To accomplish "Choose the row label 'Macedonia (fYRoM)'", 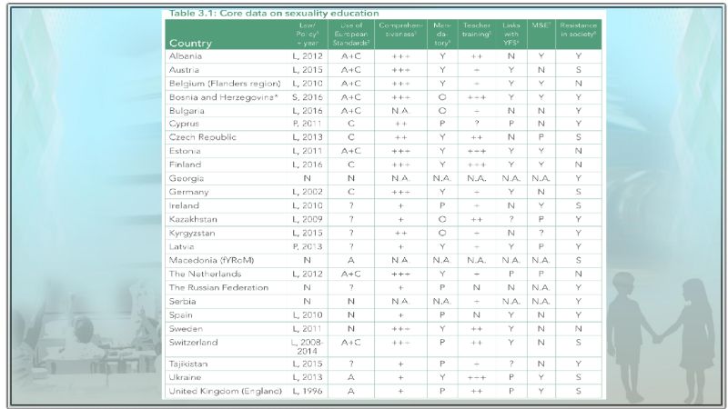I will click(211, 260).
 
